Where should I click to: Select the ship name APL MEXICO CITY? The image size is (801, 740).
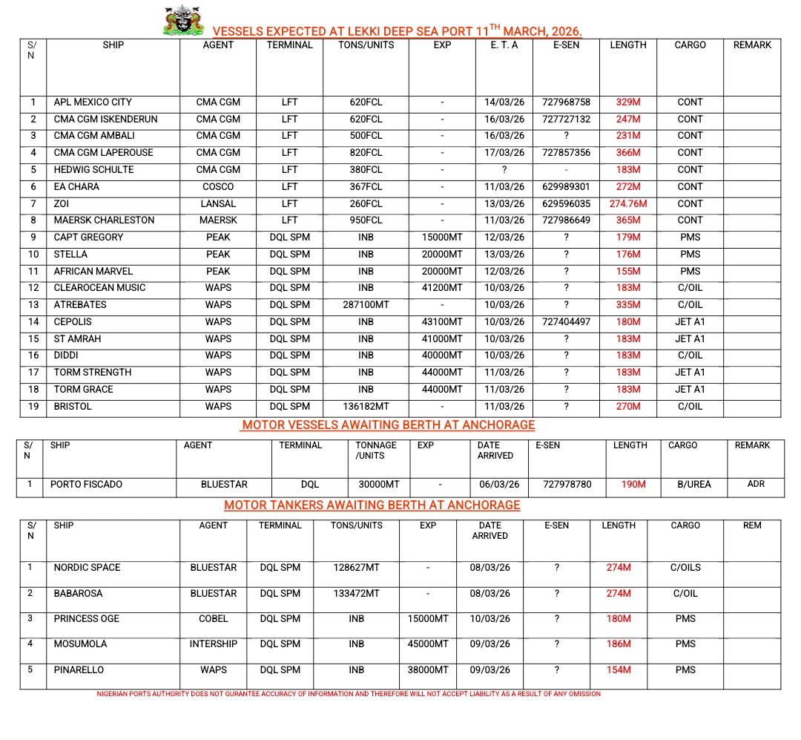pyautogui.click(x=92, y=102)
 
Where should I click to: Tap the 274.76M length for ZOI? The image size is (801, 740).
pyautogui.click(x=627, y=203)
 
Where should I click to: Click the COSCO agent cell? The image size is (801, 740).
pyautogui.click(x=218, y=187)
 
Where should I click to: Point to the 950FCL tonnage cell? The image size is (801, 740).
pyautogui.click(x=366, y=220)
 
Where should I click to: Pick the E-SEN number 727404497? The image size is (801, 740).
pyautogui.click(x=566, y=322)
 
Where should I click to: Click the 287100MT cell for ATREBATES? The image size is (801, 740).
pyautogui.click(x=366, y=305)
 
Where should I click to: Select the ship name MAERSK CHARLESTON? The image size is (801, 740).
pyautogui.click(x=104, y=220)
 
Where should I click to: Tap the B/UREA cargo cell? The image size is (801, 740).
pyautogui.click(x=693, y=485)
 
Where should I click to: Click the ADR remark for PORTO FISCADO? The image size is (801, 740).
pyautogui.click(x=756, y=485)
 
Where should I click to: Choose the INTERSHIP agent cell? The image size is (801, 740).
pyautogui.click(x=214, y=644)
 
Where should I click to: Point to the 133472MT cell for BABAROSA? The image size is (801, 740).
pyautogui.click(x=357, y=594)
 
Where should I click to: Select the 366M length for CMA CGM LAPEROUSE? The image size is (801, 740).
pyautogui.click(x=627, y=153)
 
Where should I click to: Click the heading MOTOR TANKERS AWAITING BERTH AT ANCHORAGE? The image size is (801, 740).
pyautogui.click(x=372, y=505)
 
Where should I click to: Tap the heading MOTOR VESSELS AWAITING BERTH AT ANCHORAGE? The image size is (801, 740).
pyautogui.click(x=388, y=425)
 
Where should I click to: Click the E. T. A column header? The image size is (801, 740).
pyautogui.click(x=504, y=45)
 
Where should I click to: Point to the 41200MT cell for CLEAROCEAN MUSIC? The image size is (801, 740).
pyautogui.click(x=442, y=288)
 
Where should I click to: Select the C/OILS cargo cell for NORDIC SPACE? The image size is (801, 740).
pyautogui.click(x=685, y=568)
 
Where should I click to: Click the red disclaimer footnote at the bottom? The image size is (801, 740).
pyautogui.click(x=349, y=695)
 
